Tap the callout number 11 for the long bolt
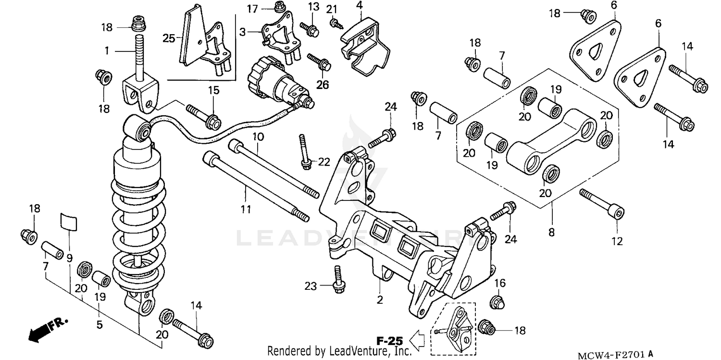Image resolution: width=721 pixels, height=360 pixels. coord(245,209)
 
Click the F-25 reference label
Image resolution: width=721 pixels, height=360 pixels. coord(389,341)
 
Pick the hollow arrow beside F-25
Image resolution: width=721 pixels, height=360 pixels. coord(418,341)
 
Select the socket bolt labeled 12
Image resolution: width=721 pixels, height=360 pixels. coord(603,205)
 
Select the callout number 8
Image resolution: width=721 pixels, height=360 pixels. coord(551,233)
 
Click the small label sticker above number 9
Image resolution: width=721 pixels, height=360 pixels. coord(68,223)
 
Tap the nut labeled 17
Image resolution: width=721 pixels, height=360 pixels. coord(278,6)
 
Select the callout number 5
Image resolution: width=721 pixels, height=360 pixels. coord(99,325)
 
